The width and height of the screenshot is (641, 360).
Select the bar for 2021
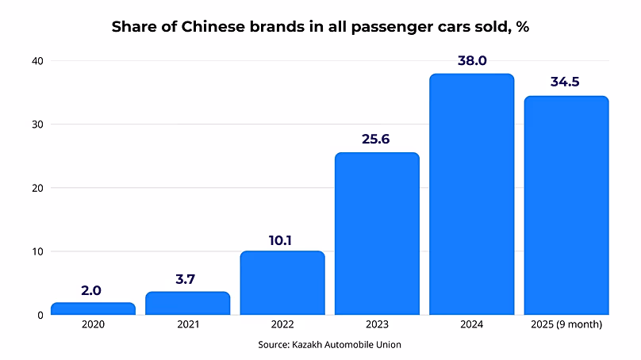point(187,303)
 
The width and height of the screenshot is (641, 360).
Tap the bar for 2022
point(282,283)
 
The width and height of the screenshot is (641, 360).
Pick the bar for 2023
point(377,234)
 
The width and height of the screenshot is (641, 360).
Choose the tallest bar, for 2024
point(471,194)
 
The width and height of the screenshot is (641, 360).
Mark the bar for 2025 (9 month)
point(566,205)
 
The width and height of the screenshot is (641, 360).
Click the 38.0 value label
point(471,60)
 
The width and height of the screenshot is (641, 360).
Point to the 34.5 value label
point(566,82)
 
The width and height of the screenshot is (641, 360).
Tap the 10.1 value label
point(282,237)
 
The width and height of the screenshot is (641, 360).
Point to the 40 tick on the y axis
point(37,61)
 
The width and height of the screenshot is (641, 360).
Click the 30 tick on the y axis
point(37,124)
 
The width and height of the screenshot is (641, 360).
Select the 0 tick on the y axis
point(40,315)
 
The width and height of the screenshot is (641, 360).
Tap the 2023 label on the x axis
point(377,325)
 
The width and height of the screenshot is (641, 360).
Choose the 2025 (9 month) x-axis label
point(566,325)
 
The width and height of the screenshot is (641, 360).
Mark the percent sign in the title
point(522,27)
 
